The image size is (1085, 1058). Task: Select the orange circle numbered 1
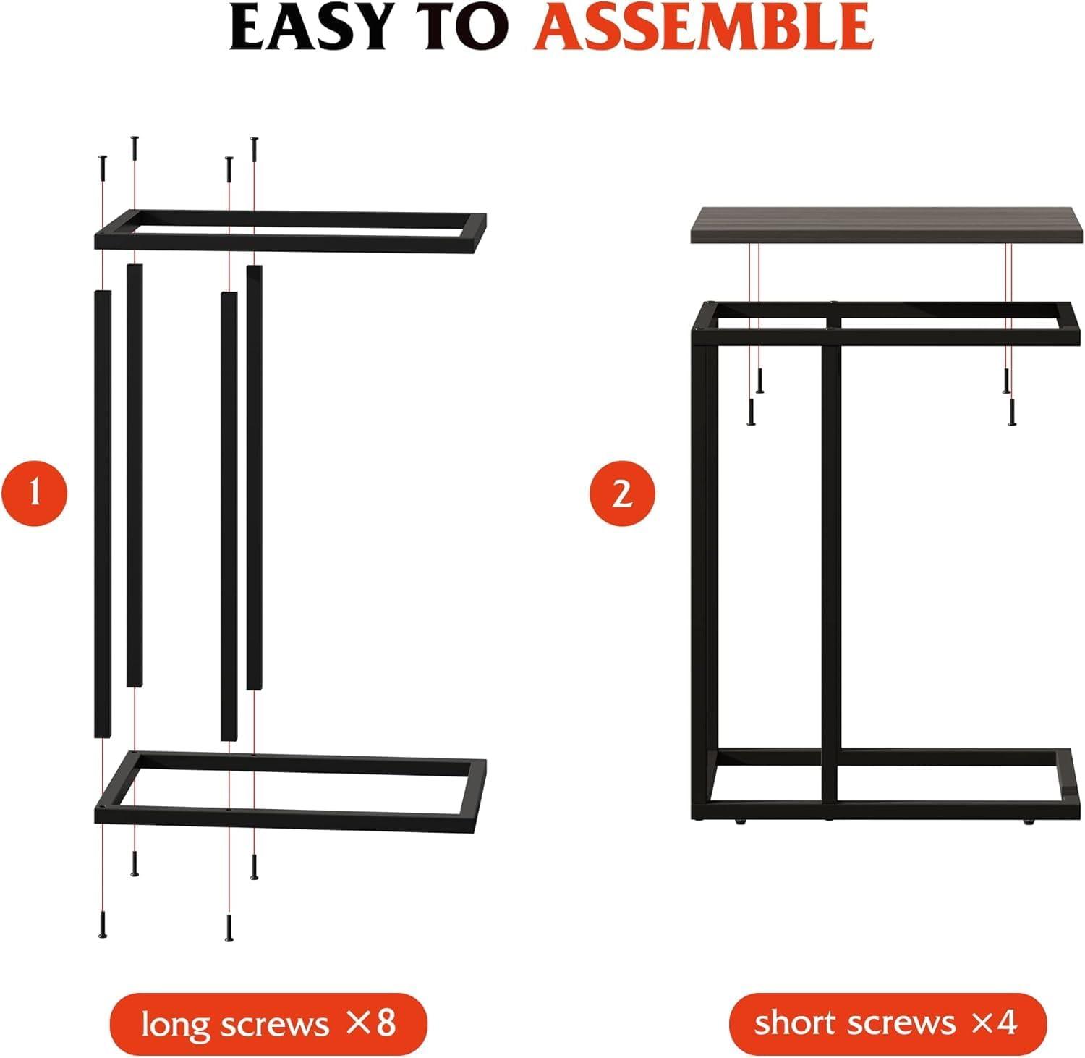click(34, 495)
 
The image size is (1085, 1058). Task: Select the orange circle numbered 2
click(622, 495)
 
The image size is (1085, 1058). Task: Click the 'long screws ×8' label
click(268, 1024)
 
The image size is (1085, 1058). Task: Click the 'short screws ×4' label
click(888, 1024)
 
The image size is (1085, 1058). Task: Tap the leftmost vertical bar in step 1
click(103, 514)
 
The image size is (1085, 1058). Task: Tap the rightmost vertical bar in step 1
click(254, 478)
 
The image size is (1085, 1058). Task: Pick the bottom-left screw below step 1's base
click(103, 926)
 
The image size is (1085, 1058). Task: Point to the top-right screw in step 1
click(254, 150)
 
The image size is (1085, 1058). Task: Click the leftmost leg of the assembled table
click(700, 572)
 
